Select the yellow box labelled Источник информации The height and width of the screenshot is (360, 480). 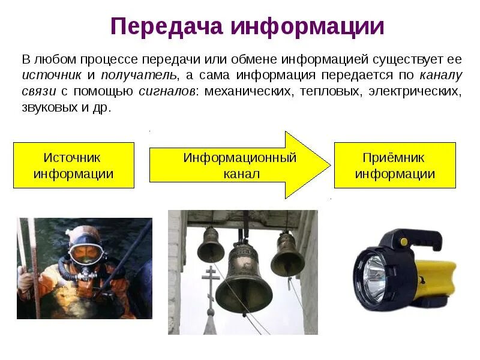74,166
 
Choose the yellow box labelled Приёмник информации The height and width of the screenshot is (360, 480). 394,166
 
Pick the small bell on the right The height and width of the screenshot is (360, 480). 287,255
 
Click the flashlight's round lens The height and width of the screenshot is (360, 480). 373,273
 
